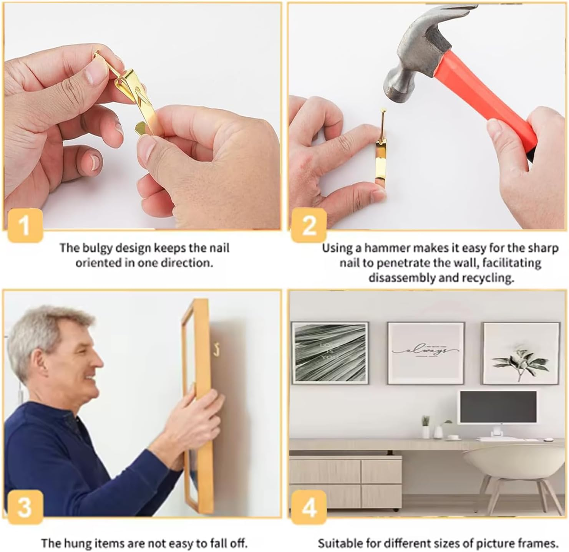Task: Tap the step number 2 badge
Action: pyautogui.click(x=309, y=225)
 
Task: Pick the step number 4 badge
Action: pyautogui.click(x=309, y=507)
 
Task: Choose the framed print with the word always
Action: pyautogui.click(x=426, y=353)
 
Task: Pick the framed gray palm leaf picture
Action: pyautogui.click(x=330, y=353)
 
